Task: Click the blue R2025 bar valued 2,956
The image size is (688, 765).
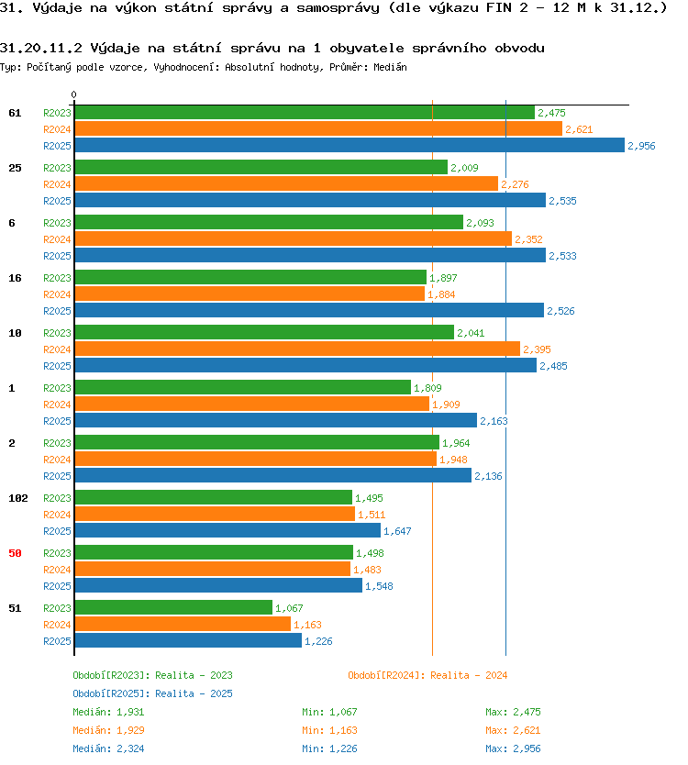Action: coord(350,145)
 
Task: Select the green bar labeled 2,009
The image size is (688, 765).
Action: coord(261,167)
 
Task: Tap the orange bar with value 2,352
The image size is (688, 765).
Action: coord(294,238)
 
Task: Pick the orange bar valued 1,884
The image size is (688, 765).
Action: coord(250,294)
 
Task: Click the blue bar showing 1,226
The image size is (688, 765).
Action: coord(188,640)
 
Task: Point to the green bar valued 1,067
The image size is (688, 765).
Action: coord(173,607)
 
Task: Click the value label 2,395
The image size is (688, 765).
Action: coord(537,349)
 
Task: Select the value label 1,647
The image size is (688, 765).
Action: coord(397,531)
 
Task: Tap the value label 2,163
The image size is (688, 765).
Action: coord(494,421)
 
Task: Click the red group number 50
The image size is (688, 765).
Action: coord(15,553)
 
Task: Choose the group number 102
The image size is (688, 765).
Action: coord(18,498)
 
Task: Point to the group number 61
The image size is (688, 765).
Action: coord(15,113)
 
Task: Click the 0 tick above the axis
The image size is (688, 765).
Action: coord(73,94)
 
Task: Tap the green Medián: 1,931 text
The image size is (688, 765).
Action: coord(108,712)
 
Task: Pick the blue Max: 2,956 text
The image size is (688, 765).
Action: coord(513,748)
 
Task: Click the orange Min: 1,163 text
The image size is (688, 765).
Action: coord(329,730)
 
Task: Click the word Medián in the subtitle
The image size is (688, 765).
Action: coord(390,67)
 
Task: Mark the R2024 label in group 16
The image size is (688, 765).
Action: coord(57,294)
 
